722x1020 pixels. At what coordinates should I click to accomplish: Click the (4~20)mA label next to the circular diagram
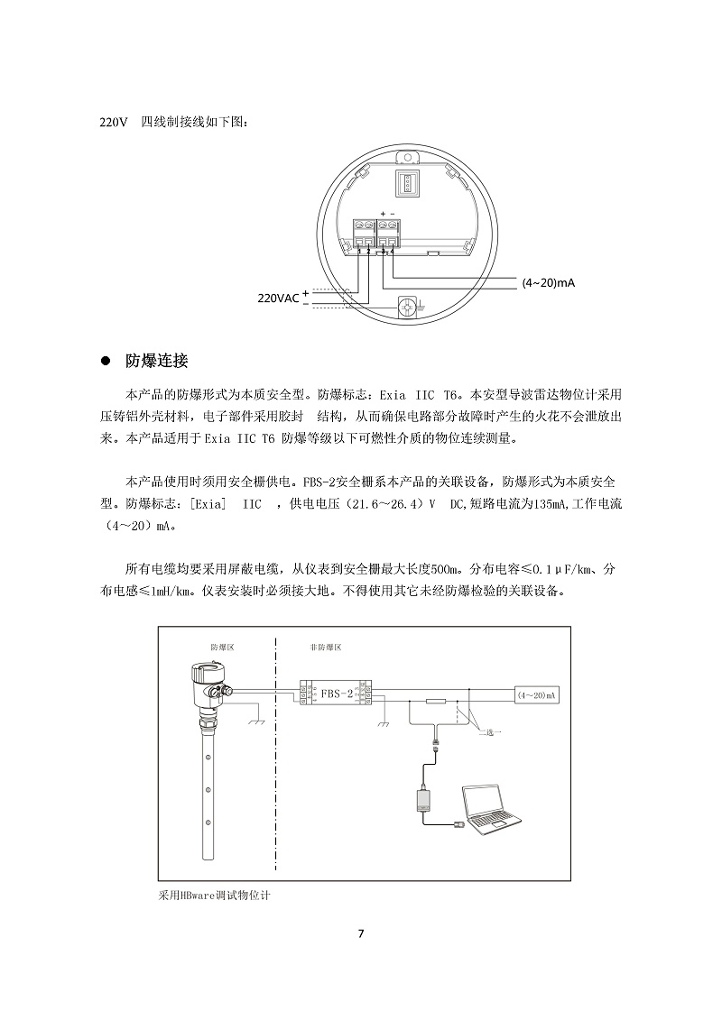[548, 282]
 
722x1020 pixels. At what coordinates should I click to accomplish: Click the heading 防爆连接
[157, 362]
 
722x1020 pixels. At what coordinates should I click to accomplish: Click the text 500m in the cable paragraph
[448, 570]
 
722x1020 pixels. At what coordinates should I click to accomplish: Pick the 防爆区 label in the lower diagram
[221, 648]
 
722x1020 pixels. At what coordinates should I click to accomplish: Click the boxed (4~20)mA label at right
[536, 695]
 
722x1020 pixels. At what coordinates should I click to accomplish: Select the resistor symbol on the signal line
[436, 701]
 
